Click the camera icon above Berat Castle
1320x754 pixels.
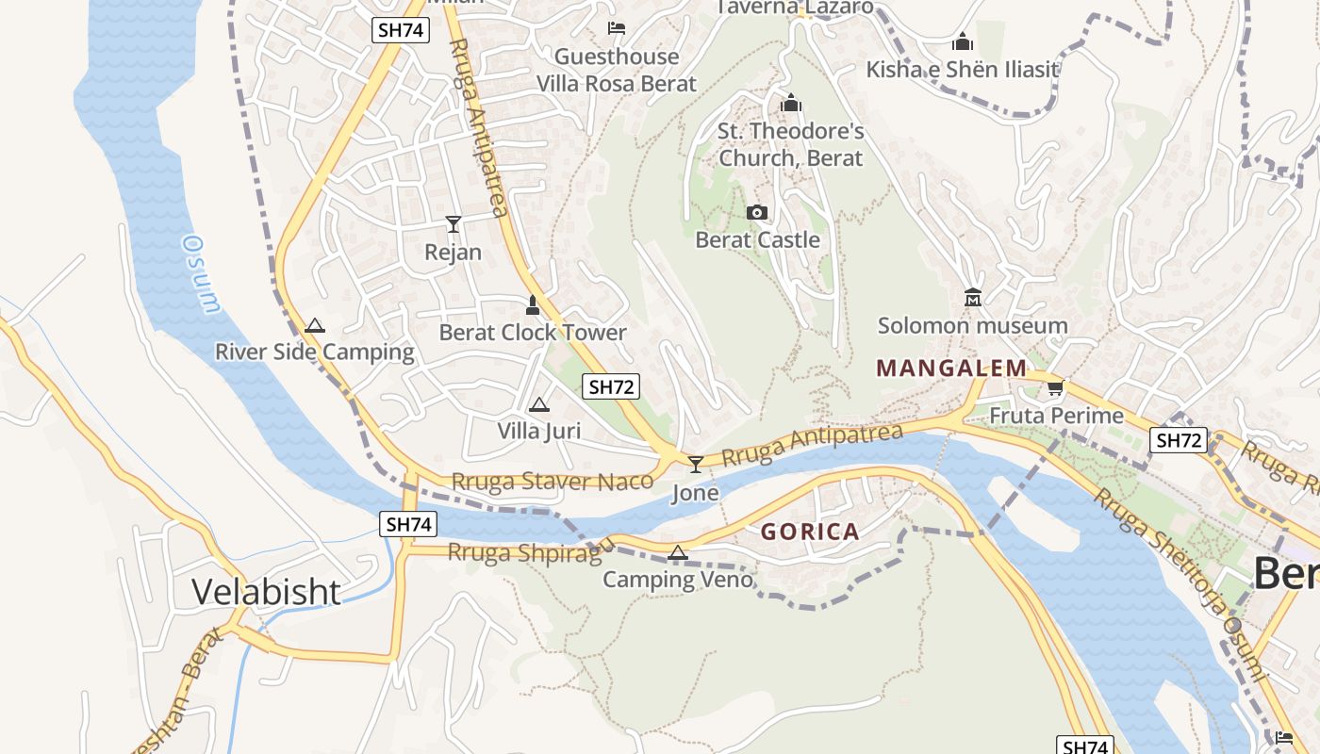click(757, 213)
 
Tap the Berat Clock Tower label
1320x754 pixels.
click(533, 333)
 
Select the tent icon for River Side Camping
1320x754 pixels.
click(315, 326)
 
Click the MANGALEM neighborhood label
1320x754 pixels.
click(951, 369)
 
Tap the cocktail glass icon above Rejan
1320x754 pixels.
click(454, 223)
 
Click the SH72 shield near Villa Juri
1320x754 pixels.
click(611, 386)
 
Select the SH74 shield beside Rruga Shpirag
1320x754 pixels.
click(409, 524)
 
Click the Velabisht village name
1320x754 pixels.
click(266, 592)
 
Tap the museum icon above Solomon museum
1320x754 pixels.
click(973, 299)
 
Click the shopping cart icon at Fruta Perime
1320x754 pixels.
click(1055, 388)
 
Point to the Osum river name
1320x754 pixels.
click(200, 273)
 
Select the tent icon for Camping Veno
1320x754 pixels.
click(678, 552)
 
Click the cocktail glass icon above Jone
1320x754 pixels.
click(696, 464)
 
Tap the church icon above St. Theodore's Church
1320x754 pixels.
click(791, 103)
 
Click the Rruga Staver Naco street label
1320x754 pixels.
click(552, 482)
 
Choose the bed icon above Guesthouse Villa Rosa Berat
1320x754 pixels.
click(617, 28)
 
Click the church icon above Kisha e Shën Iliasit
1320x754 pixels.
click(963, 42)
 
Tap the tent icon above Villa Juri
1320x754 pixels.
click(538, 405)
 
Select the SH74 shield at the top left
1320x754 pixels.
click(400, 30)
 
